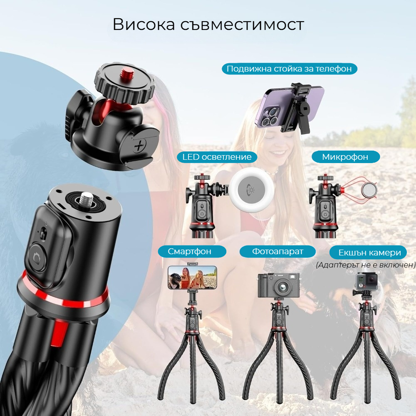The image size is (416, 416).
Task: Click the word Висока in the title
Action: point(144,25)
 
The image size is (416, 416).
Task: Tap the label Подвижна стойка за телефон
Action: point(290,69)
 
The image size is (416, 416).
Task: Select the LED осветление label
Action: point(217,157)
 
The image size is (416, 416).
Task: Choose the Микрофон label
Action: point(345,157)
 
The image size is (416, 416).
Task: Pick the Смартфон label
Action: point(192,251)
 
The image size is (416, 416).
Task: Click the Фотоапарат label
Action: point(277,251)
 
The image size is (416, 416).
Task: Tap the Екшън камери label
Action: point(368,253)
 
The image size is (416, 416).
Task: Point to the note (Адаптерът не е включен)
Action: point(366,265)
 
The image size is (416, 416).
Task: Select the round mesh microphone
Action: point(369,190)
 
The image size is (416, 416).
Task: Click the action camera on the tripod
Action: point(366,282)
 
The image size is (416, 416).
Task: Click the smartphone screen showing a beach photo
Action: point(193,277)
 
